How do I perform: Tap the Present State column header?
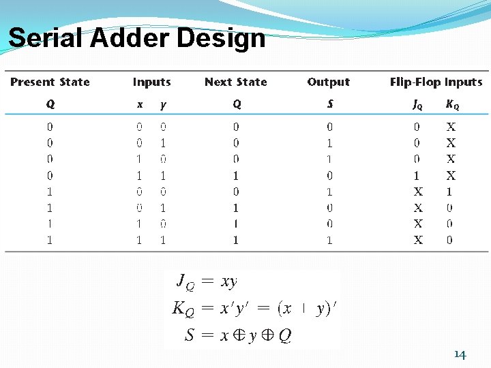pos(50,82)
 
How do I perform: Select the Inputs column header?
pos(151,82)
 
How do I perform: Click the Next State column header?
pos(235,82)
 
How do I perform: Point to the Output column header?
pos(328,82)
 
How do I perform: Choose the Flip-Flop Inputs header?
pos(436,82)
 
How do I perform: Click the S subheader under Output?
pos(330,105)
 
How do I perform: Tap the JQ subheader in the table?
pos(417,105)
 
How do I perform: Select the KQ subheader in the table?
pos(451,105)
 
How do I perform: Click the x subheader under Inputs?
pos(140,105)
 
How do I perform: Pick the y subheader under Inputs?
pos(162,105)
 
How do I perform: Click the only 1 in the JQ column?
pos(417,175)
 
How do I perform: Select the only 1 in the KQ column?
pos(449,191)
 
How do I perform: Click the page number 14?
pos(460,354)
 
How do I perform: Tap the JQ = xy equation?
pos(207,281)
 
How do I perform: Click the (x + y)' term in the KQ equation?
pos(307,309)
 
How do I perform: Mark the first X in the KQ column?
pos(451,127)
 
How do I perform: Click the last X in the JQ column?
pos(418,240)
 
